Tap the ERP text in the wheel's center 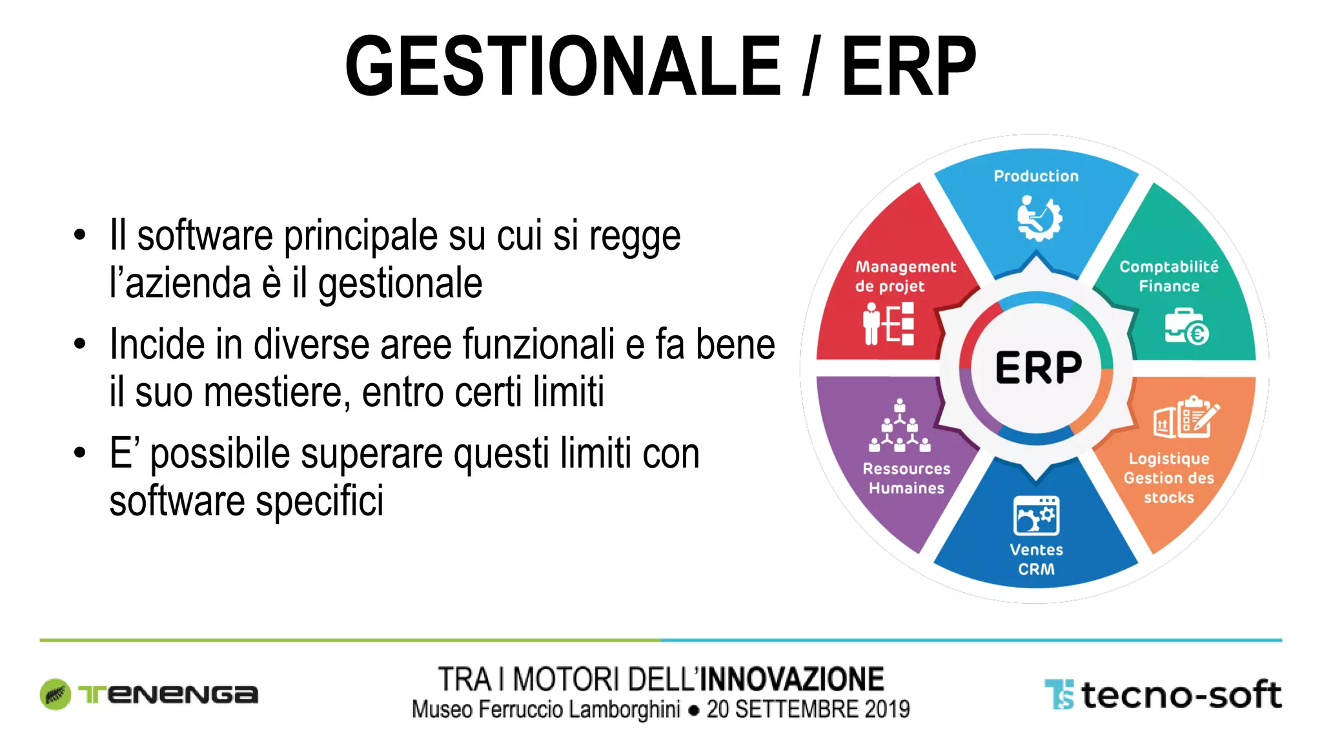(1038, 368)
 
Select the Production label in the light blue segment (1036, 176)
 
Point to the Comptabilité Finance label (1169, 276)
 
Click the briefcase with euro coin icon (1186, 327)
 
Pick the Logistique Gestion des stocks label (1169, 478)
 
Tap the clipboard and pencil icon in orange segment (1186, 417)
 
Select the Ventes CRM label (1036, 559)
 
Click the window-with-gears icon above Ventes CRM (1036, 516)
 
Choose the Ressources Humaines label (906, 479)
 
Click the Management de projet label (905, 276)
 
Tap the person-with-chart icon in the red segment (888, 324)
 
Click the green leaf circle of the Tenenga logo (56, 694)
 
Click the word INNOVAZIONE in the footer (792, 679)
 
